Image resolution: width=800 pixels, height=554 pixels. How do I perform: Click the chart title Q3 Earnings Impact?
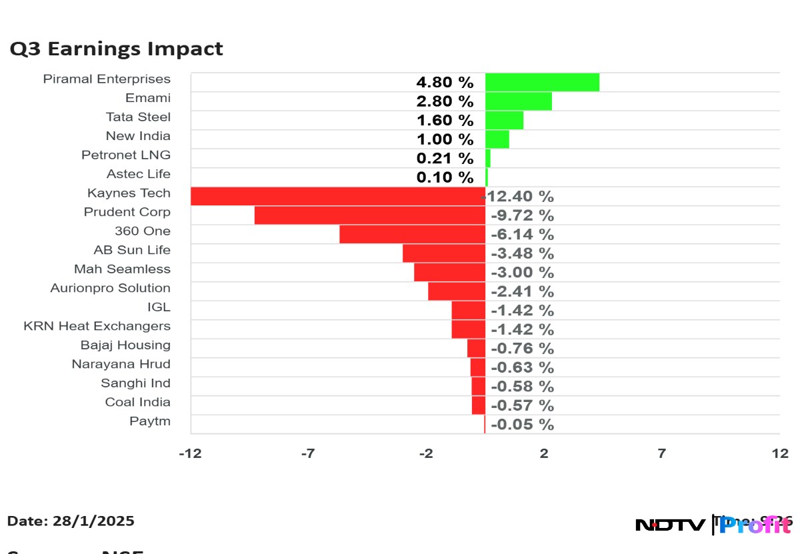click(116, 49)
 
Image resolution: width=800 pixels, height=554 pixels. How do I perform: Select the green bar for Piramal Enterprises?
click(542, 82)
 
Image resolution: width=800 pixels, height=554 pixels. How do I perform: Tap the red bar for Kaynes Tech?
click(337, 196)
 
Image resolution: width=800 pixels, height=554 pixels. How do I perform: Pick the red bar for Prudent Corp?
click(369, 215)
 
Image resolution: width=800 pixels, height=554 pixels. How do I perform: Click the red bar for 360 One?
click(412, 234)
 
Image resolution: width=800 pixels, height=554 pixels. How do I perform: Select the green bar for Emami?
click(518, 101)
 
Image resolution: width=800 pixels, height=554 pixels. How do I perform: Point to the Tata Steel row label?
click(138, 117)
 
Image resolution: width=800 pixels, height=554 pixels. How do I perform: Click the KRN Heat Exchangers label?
click(97, 326)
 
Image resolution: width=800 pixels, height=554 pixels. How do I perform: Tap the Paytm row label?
click(150, 421)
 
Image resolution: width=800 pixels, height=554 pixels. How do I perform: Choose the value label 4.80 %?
click(445, 83)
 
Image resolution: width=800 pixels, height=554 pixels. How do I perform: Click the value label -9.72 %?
click(522, 216)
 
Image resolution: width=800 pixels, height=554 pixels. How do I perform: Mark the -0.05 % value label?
click(522, 425)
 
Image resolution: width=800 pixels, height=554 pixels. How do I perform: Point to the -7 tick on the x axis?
click(307, 454)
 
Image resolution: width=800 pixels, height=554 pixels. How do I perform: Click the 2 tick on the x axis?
click(544, 454)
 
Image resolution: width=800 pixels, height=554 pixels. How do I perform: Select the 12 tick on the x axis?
click(780, 454)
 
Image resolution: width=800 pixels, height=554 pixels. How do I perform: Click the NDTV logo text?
click(670, 525)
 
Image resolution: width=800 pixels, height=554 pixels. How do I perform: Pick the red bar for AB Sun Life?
click(443, 253)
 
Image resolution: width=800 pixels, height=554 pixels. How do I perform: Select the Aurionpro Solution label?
click(110, 288)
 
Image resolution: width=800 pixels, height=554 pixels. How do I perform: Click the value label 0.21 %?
click(445, 159)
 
